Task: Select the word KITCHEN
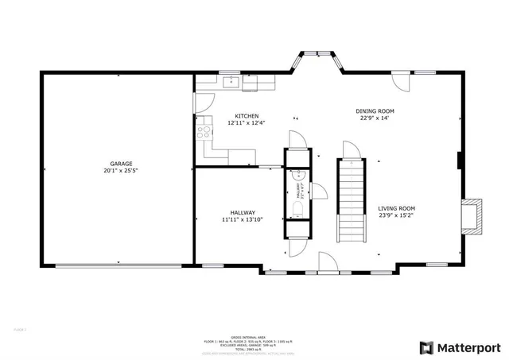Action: point(246,116)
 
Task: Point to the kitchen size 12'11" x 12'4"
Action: point(246,123)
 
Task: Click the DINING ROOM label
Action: point(375,111)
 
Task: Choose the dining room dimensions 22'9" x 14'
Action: point(375,118)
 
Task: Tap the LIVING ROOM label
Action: point(396,208)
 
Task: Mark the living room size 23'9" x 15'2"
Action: point(396,215)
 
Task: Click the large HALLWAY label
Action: point(243,212)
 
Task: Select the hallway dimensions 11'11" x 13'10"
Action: point(243,219)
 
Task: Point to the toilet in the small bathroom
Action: point(296,208)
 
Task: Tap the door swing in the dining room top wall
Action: point(401,82)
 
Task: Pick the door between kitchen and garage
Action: point(201,101)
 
